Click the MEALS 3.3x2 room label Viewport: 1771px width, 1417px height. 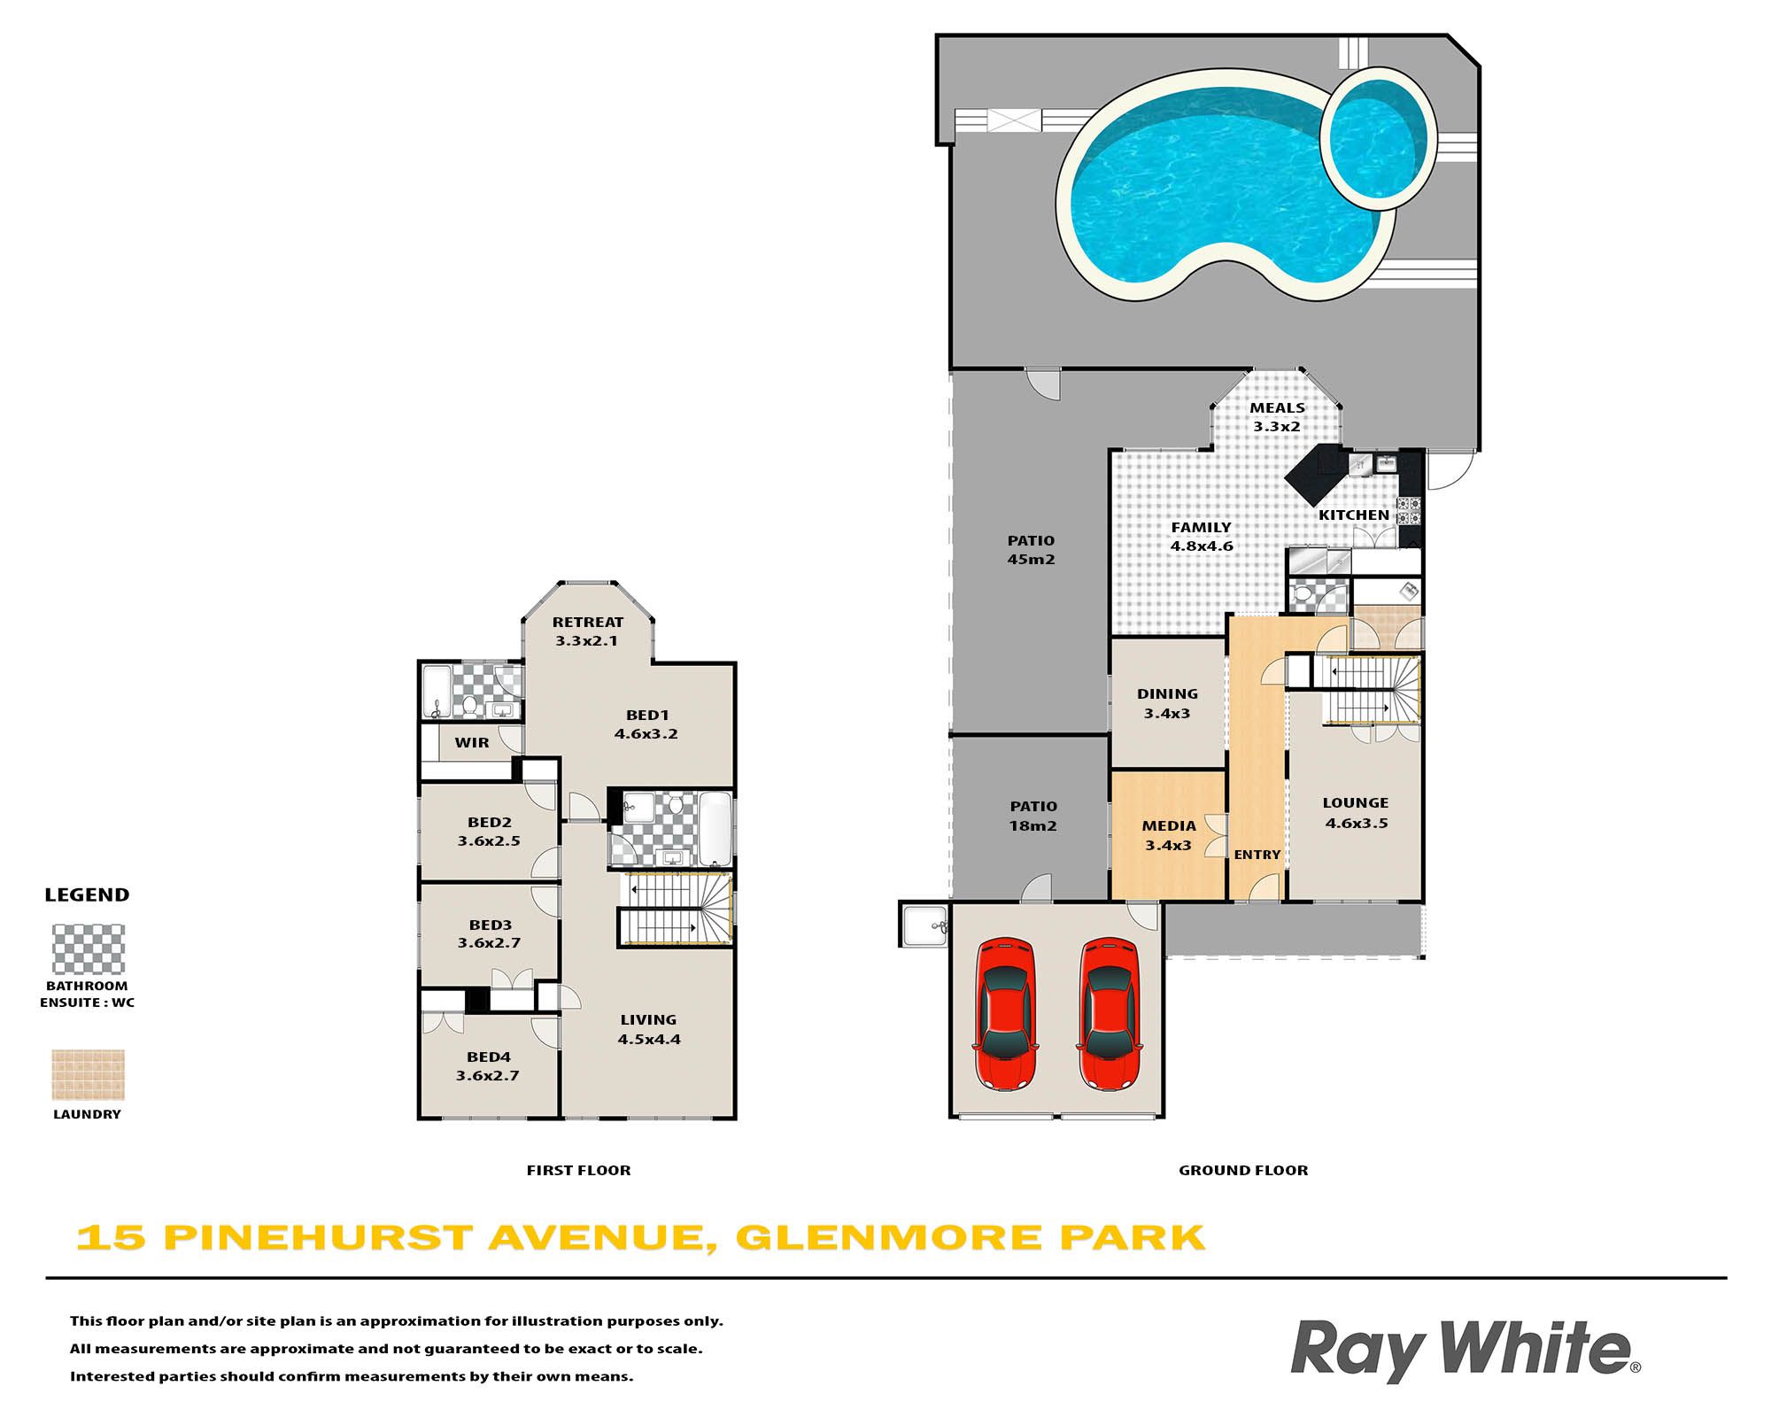[x=1277, y=417]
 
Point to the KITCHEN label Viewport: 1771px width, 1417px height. [x=1354, y=515]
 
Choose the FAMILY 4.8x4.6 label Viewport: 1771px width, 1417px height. [x=1202, y=537]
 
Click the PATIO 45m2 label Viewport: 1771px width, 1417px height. [x=1031, y=550]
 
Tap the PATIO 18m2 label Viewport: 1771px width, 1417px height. [x=1033, y=816]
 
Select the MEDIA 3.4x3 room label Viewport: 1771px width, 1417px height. [x=1169, y=835]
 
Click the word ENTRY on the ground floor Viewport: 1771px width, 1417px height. [x=1257, y=855]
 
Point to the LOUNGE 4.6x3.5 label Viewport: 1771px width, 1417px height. [x=1356, y=813]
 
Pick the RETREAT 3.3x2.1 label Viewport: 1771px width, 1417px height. [x=587, y=631]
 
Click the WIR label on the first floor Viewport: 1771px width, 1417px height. [x=472, y=743]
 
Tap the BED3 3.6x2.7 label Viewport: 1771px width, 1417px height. [x=490, y=934]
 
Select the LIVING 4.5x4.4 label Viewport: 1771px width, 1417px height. [x=649, y=1030]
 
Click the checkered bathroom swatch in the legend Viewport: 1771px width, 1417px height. [x=89, y=949]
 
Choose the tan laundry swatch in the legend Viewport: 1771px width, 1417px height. [x=89, y=1075]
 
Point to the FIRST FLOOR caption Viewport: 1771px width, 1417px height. [x=579, y=1171]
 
